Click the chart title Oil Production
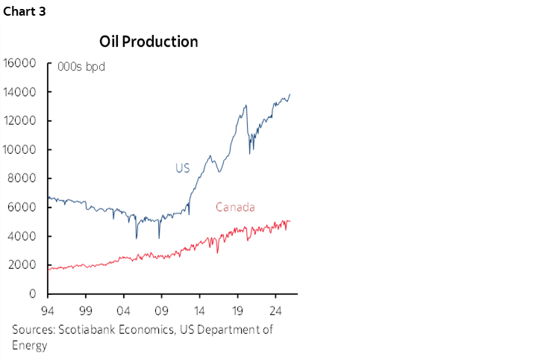149,42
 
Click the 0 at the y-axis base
33,294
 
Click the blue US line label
182,169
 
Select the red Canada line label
235,207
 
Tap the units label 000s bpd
81,67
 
